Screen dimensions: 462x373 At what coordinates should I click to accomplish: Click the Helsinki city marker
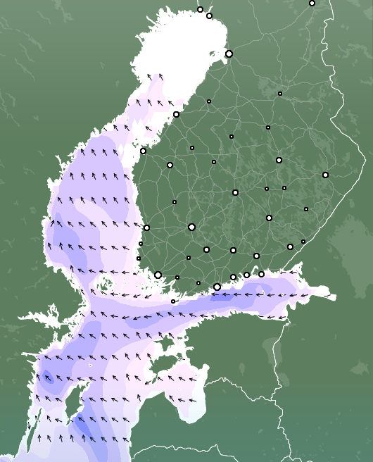coord(217,287)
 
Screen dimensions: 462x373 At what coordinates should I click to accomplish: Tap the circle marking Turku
coord(158,275)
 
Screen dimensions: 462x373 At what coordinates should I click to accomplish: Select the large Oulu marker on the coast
coord(229,54)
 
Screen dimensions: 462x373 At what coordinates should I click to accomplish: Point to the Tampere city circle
coord(191,227)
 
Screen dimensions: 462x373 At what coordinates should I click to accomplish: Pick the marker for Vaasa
coord(143,151)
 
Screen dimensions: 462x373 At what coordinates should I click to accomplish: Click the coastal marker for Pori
coord(146,227)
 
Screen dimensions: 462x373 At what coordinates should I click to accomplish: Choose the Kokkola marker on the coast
coord(176,114)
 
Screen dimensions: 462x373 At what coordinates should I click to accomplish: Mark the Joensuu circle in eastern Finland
coord(325,175)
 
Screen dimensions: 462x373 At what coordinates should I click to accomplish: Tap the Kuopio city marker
coord(279,160)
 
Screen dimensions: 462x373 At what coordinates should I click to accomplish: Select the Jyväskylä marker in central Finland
coord(235,192)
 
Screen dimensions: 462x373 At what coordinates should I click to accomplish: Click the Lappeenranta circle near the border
coord(290,246)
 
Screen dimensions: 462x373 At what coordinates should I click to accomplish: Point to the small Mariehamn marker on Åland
coord(173,301)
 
